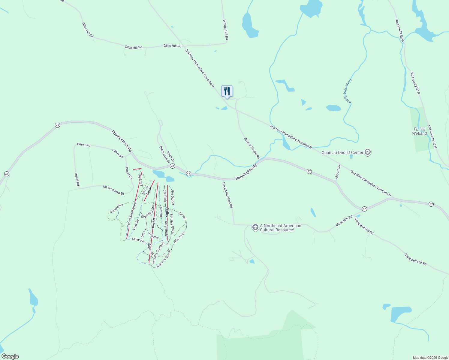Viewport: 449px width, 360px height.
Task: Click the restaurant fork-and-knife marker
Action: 227,91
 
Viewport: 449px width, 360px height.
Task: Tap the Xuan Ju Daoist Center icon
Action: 368,152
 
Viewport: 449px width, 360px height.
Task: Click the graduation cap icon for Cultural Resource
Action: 255,227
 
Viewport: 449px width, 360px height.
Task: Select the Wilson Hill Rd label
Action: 225,30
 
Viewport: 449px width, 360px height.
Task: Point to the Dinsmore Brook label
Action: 346,91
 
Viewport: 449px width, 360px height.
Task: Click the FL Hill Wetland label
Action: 419,131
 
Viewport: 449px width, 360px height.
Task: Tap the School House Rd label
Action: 252,148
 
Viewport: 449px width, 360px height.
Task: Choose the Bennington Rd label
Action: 246,172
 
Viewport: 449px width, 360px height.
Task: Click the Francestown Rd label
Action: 122,141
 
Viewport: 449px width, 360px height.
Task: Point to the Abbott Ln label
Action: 338,172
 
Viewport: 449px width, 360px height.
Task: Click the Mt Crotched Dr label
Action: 113,190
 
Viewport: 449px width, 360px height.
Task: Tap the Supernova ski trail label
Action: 116,208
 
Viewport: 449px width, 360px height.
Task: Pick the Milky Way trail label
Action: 139,241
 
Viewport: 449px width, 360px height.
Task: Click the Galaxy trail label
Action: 182,215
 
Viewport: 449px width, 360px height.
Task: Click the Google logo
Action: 10,356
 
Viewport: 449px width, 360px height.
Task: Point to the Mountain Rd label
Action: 344,221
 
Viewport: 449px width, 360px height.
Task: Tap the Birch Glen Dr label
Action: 164,155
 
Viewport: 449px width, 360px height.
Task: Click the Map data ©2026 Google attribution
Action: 430,358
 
